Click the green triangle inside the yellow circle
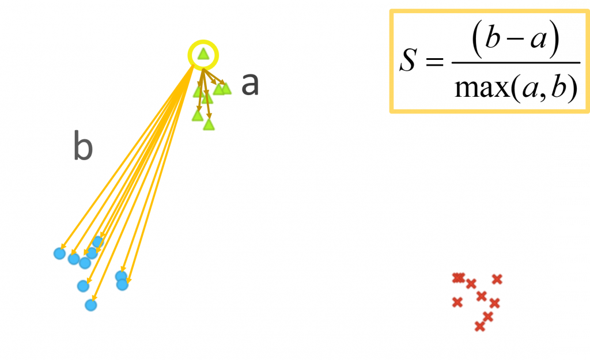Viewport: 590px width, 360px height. pyautogui.click(x=203, y=54)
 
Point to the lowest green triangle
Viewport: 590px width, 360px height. pyautogui.click(x=209, y=124)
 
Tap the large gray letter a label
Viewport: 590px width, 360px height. pyautogui.click(x=250, y=85)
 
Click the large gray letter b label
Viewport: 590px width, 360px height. pyautogui.click(x=83, y=146)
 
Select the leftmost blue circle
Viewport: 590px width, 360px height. pyautogui.click(x=59, y=253)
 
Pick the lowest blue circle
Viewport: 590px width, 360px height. pyautogui.click(x=90, y=305)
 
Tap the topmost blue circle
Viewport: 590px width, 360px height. pyautogui.click(x=98, y=242)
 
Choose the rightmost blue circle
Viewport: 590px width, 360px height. pyautogui.click(x=122, y=284)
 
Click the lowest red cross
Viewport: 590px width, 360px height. pyautogui.click(x=479, y=327)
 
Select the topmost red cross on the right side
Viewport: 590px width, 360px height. pyautogui.click(x=497, y=279)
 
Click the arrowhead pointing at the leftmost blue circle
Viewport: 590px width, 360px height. pyautogui.click(x=63, y=248)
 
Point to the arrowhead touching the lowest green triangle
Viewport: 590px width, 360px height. pyautogui.click(x=208, y=119)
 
